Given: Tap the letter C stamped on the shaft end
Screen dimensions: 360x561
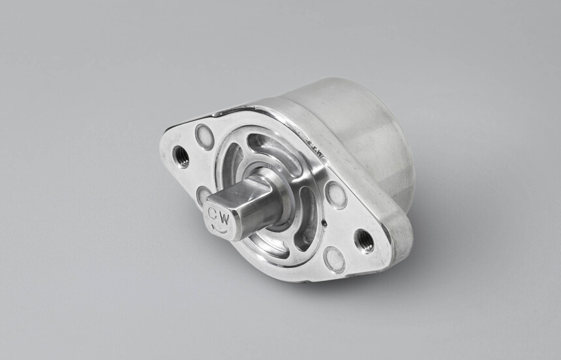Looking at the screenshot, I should (x=213, y=213).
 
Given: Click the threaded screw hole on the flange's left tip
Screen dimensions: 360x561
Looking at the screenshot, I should (x=181, y=156).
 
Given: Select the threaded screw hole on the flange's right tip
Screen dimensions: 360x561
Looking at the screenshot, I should (x=364, y=240).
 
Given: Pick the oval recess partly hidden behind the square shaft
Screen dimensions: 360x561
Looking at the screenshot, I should (x=204, y=194).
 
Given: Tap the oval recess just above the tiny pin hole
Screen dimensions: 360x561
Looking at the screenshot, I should (x=336, y=194).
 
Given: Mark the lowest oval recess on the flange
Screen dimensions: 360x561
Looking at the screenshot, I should (x=335, y=259).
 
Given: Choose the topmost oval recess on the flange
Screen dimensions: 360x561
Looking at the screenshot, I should (x=205, y=136).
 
